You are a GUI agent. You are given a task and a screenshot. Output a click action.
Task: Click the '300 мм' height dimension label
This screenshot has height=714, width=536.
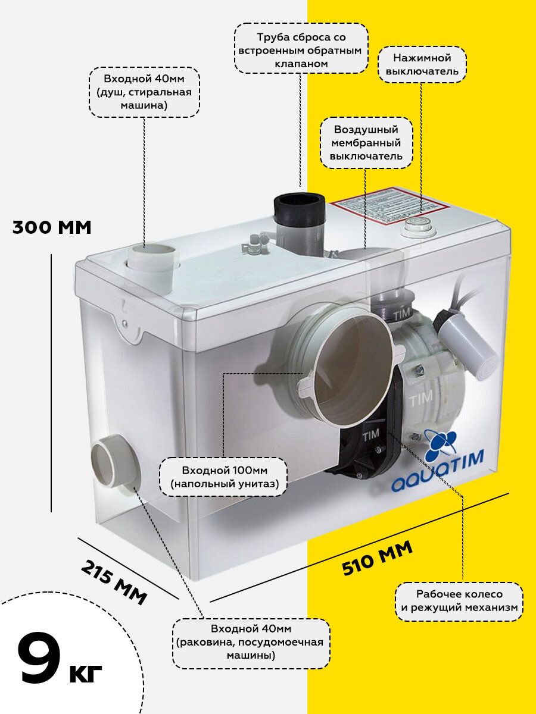click(52, 227)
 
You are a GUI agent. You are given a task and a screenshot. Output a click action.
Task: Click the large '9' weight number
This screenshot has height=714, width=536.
click(39, 658)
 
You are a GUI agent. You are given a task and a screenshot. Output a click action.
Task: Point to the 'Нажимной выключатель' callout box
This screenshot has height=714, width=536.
click(422, 65)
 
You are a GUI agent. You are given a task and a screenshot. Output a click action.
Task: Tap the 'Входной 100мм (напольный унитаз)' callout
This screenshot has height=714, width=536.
click(224, 477)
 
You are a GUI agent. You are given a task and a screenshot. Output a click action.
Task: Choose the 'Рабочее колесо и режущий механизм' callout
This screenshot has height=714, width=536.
click(459, 601)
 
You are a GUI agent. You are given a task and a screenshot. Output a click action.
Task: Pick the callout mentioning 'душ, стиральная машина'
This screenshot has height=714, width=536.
click(144, 92)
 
